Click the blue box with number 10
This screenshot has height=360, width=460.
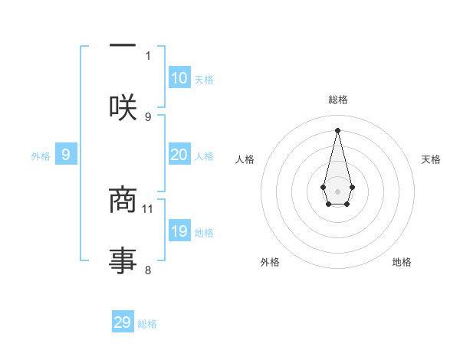tap(179, 78)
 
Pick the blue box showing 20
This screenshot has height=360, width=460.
tap(179, 155)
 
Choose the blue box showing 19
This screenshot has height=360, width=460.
tap(179, 231)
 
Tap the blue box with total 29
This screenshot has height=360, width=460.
tap(123, 322)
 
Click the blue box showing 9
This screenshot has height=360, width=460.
tap(66, 155)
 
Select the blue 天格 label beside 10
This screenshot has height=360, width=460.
tap(204, 80)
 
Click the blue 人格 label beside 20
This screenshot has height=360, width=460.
tap(204, 156)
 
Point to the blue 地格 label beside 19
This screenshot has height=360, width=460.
tap(204, 233)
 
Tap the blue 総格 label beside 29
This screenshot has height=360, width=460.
tap(147, 324)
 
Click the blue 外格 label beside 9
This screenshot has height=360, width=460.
tap(41, 156)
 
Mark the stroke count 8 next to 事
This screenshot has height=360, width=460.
tap(148, 270)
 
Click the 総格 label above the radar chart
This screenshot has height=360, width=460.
tap(338, 100)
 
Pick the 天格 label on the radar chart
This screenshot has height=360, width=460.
tap(432, 159)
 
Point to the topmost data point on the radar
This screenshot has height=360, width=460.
tap(337, 129)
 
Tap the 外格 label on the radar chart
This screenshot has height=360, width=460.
tap(270, 262)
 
